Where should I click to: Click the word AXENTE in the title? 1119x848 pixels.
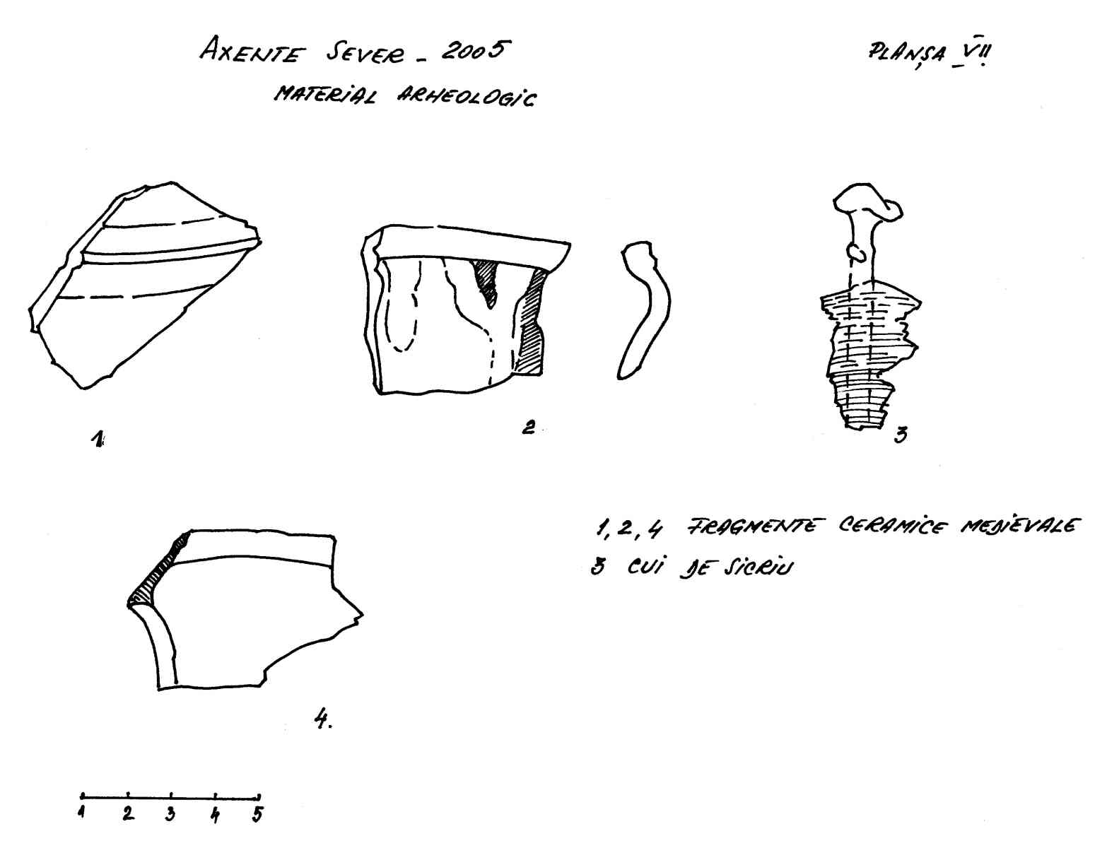pos(252,52)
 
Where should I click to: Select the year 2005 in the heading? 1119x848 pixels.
pos(476,51)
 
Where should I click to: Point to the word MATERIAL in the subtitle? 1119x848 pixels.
pos(324,94)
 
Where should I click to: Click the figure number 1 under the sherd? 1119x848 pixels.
pos(97,439)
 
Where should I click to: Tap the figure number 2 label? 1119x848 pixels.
pos(528,427)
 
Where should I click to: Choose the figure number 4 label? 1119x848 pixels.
pos(323,719)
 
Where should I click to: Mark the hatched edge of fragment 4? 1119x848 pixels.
pos(159,572)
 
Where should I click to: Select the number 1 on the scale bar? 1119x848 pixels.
pos(81,812)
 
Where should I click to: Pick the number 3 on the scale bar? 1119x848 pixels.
pos(170,814)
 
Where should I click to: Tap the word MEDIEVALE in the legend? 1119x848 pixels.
pos(1020,526)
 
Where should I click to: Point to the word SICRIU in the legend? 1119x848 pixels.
pos(758,567)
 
